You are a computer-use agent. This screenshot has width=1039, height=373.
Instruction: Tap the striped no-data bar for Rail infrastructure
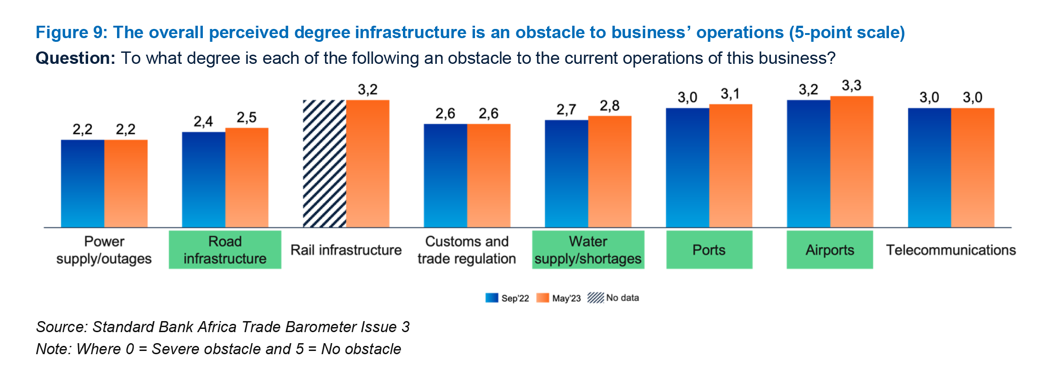click(x=324, y=163)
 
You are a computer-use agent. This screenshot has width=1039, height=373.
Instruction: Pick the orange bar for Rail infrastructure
click(x=368, y=163)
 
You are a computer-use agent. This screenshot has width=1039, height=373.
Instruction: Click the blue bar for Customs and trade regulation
click(x=445, y=175)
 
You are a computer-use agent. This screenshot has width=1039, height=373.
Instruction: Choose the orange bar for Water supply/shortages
click(x=610, y=171)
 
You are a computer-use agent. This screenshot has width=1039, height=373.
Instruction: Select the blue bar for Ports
click(x=687, y=167)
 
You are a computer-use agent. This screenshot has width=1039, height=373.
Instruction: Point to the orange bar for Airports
click(x=852, y=161)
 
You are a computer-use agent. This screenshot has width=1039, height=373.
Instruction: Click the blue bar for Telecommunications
click(x=929, y=167)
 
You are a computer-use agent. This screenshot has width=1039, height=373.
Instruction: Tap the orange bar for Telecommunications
click(x=973, y=167)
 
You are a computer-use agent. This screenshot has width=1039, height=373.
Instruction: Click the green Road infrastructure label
click(x=225, y=249)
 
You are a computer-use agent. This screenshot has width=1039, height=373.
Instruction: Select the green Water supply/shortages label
click(x=588, y=249)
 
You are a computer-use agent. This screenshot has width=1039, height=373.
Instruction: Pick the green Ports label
click(x=709, y=249)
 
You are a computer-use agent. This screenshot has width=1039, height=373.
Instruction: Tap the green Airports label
click(x=830, y=249)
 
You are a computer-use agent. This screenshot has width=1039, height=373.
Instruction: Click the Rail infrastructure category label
click(x=346, y=250)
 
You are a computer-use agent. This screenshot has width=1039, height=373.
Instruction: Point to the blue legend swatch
click(x=492, y=298)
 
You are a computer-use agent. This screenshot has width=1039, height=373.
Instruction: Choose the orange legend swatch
click(x=542, y=298)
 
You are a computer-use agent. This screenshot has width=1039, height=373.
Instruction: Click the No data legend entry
click(x=613, y=298)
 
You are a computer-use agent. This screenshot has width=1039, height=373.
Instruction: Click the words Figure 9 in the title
click(x=71, y=33)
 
